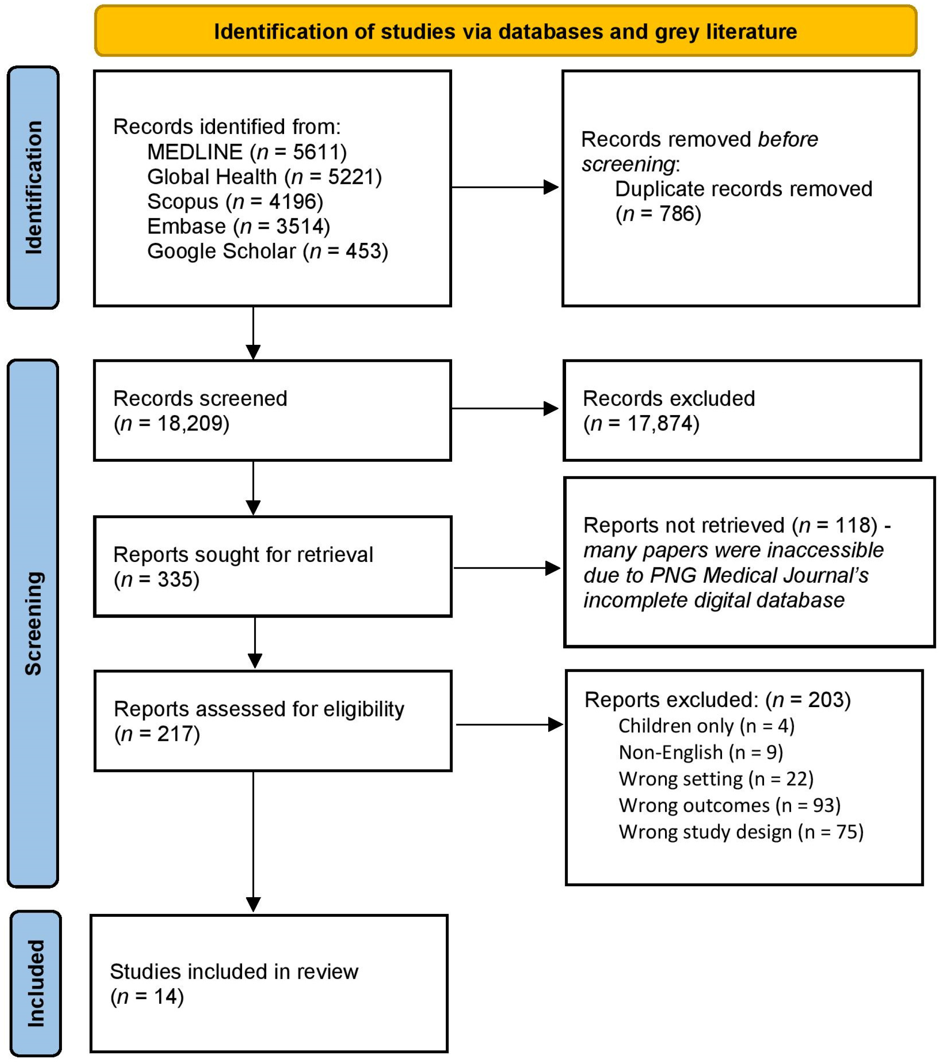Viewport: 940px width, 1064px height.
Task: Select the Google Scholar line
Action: coord(267,251)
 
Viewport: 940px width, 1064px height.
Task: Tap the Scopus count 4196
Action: coord(292,201)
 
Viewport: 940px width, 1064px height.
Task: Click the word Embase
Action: coord(186,226)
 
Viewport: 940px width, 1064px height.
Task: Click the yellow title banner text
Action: coord(505,32)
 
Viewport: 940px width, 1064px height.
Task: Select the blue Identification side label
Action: coord(33,188)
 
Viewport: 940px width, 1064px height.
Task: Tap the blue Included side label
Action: coord(35,984)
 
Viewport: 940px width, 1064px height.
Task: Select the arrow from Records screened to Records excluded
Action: coord(505,408)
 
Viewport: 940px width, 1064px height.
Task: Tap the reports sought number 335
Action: coord(174,580)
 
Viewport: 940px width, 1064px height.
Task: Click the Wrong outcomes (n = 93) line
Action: coord(729,806)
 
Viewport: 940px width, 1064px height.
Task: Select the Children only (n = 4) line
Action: coord(706,726)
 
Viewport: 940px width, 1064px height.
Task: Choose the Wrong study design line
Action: coord(741,832)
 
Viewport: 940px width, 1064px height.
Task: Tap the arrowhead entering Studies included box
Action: coord(253,904)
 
